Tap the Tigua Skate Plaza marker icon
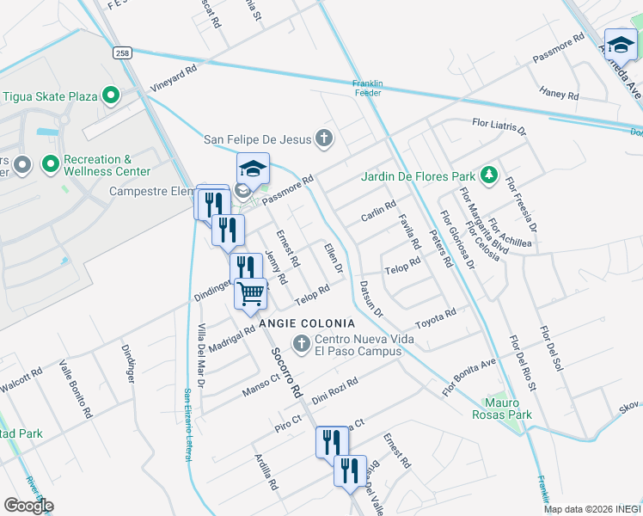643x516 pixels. (110, 95)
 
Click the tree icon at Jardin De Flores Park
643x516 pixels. (488, 176)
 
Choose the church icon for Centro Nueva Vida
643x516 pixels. (301, 344)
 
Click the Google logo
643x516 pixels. (28, 506)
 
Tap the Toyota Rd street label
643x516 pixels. (435, 319)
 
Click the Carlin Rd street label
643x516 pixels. (378, 211)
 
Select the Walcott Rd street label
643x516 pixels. (21, 384)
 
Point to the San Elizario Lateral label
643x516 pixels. (187, 425)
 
